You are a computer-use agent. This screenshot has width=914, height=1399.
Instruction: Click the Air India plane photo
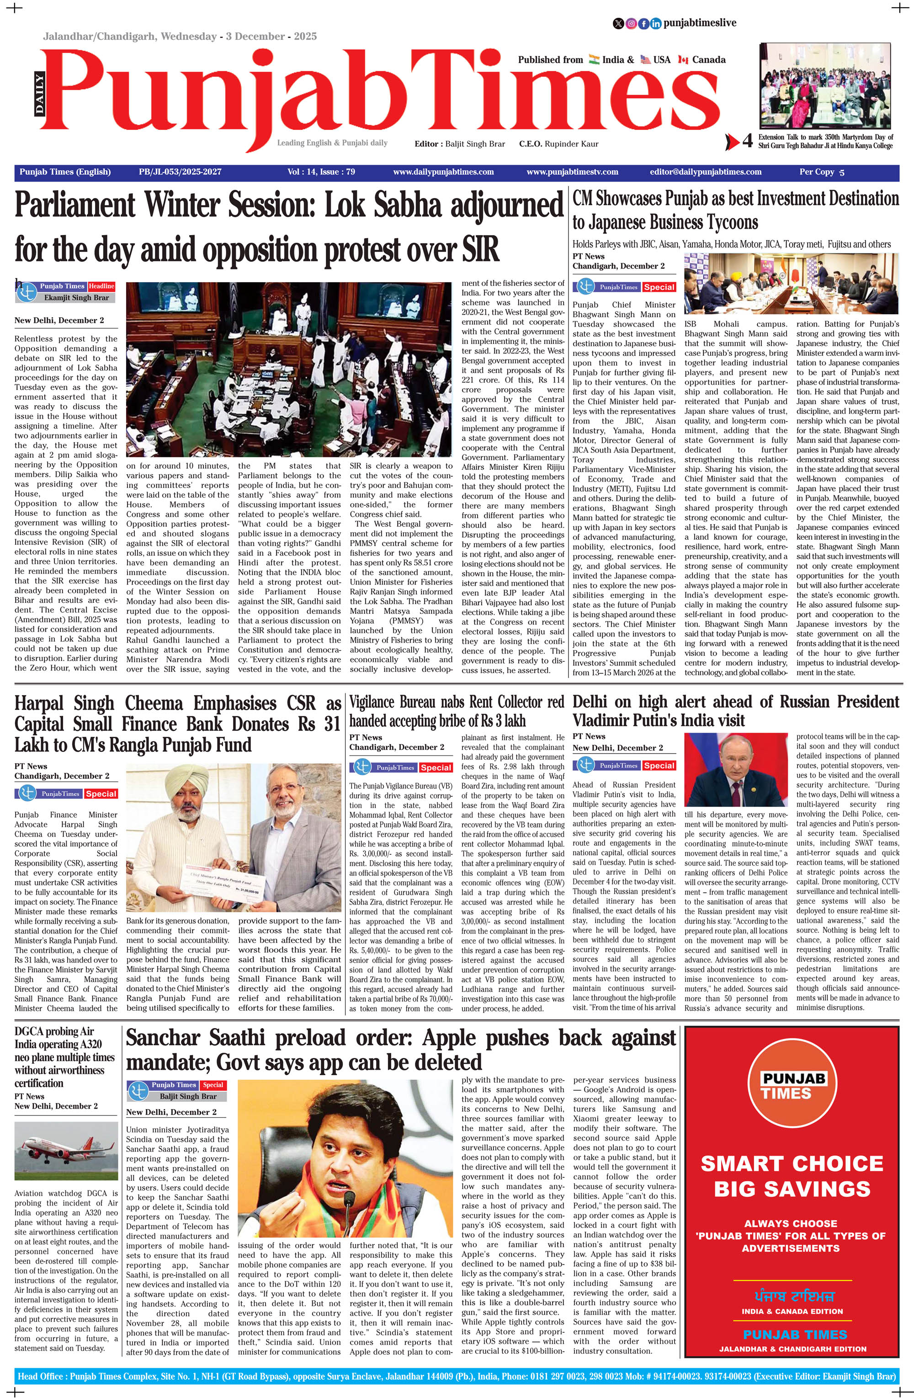tap(66, 1154)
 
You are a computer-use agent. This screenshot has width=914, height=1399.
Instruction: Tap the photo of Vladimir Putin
tap(739, 768)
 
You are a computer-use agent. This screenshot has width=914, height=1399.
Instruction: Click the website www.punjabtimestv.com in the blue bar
tap(572, 172)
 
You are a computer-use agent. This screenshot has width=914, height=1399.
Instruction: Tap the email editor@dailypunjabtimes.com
tap(706, 172)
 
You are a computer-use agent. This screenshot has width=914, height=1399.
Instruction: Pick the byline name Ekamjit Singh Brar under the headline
tap(76, 297)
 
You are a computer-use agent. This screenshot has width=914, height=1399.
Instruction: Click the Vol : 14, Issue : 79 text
tap(321, 172)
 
